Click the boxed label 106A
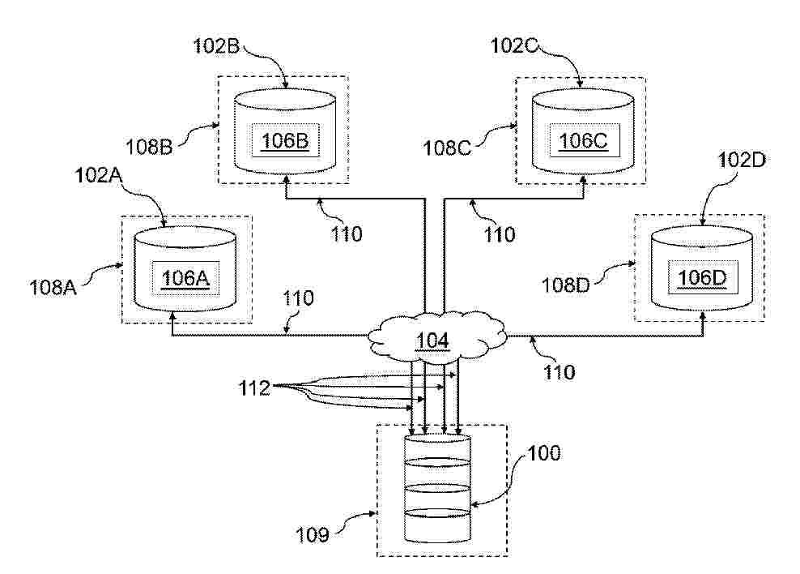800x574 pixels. tap(185, 279)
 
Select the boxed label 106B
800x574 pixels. tap(285, 140)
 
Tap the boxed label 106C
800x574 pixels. tap(584, 140)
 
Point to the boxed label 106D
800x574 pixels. tap(702, 278)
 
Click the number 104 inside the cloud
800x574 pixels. tap(432, 341)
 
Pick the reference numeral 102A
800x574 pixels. tap(98, 175)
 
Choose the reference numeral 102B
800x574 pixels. tap(216, 46)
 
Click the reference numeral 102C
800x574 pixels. tap(514, 46)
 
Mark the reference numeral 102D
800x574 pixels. tap(742, 161)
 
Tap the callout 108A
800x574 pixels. tap(53, 288)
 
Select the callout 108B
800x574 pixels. tap(149, 147)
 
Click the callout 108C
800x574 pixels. tap(447, 148)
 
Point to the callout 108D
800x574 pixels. tap(565, 285)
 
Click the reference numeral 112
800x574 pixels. tap(254, 388)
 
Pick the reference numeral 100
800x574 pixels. tap(544, 453)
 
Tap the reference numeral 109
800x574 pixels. tap(313, 534)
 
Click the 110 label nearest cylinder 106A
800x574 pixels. tap(298, 298)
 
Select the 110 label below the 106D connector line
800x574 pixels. tap(560, 372)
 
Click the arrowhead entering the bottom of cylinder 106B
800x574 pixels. tap(286, 179)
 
